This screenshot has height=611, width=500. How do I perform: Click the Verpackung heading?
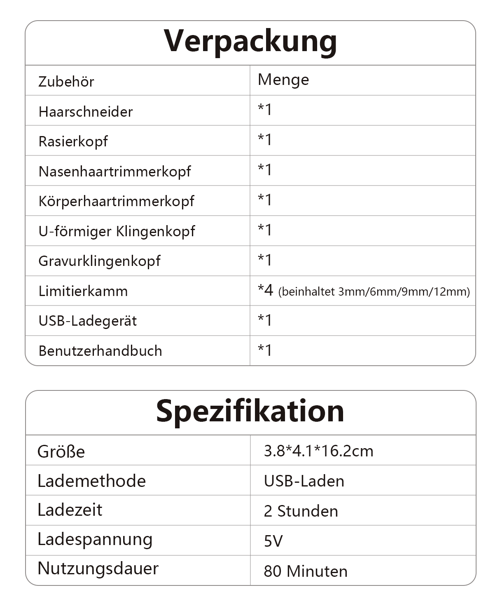pos(250,41)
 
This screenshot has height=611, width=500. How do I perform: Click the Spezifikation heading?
pos(250,411)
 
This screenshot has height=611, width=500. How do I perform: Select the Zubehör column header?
pos(66,82)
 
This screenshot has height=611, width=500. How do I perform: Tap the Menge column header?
pos(283,80)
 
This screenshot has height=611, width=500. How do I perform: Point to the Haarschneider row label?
pos(86,112)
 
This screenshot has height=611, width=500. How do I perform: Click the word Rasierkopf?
pos(73,141)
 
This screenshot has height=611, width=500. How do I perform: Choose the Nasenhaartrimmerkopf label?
pos(114,172)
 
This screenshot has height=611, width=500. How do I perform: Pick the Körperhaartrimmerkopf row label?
pos(116,201)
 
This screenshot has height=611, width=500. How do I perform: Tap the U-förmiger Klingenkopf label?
pos(117,231)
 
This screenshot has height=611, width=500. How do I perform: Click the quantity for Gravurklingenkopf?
pos(265,260)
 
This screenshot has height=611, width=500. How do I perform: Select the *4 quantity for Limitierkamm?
pos(265,290)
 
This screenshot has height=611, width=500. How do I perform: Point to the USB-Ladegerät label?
pos(88,321)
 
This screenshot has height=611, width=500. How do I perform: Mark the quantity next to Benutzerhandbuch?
pos(265,350)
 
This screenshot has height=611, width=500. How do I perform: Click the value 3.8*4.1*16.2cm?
pos(318,451)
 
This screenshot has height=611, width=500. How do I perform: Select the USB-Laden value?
pos(304,481)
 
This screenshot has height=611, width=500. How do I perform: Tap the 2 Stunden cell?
pos(301,511)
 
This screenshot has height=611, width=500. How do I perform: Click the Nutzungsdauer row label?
pos(98,569)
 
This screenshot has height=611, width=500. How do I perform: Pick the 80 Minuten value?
pos(306,571)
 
